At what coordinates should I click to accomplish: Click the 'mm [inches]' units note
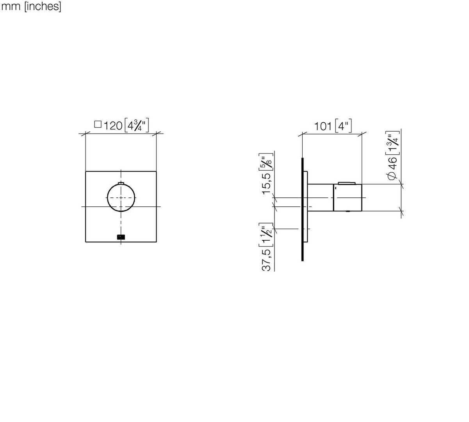(31, 7)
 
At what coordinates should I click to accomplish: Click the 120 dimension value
(113, 126)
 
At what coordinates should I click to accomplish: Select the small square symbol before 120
(98, 124)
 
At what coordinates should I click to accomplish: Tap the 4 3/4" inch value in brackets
(137, 125)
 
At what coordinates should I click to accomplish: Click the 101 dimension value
(323, 127)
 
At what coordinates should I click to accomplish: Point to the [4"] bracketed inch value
(343, 126)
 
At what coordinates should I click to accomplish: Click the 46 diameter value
(392, 163)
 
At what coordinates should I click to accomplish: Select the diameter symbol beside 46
(392, 176)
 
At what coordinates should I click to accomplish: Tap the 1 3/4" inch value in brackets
(392, 143)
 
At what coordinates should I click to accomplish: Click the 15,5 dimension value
(267, 184)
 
